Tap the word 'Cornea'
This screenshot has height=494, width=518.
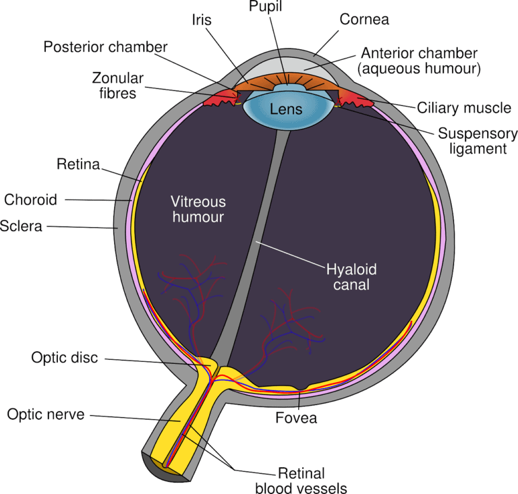point(364,20)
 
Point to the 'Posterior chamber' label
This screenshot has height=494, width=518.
point(105,47)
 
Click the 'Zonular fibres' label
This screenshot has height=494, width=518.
point(115,85)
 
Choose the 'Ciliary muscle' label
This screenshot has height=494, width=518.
point(464,108)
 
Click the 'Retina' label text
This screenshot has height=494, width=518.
point(78,164)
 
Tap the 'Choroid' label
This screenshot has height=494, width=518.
point(31,199)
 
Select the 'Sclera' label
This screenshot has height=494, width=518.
point(22,226)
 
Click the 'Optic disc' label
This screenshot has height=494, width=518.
point(65,358)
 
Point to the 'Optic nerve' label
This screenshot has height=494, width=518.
point(46,414)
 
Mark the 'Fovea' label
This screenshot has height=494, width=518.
point(295,418)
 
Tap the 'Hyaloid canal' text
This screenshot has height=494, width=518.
point(351,277)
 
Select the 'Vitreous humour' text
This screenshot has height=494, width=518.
point(198,210)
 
